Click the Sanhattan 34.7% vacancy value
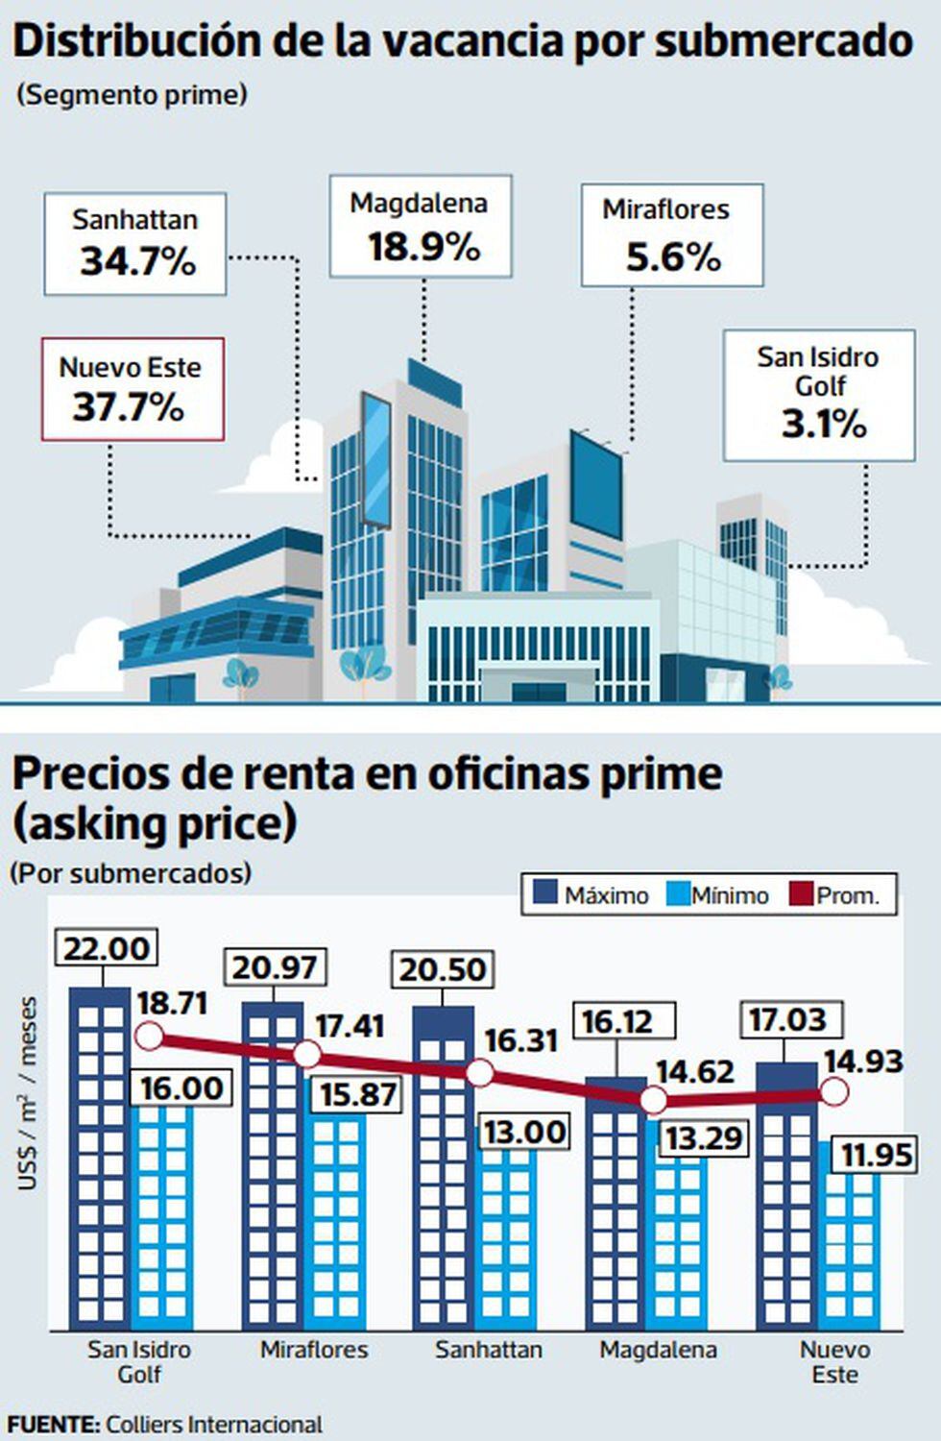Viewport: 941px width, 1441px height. (137, 261)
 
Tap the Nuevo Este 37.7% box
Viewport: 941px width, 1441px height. (132, 389)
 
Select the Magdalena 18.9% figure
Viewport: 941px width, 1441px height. (423, 248)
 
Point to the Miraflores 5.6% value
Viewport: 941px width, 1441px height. (673, 257)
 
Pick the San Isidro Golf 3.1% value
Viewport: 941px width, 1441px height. (823, 424)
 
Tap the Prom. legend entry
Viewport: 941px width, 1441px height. (834, 894)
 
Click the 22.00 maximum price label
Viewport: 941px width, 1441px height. (107, 948)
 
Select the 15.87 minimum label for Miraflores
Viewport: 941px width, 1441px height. (357, 1094)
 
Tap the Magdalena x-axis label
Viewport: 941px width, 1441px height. (658, 1350)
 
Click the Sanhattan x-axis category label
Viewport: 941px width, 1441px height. (488, 1350)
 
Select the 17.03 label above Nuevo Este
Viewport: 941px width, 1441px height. (787, 1019)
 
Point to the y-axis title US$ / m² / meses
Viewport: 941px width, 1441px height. (28, 1093)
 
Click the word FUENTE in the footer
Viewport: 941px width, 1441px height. (53, 1424)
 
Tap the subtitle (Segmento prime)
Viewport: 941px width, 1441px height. (132, 95)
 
